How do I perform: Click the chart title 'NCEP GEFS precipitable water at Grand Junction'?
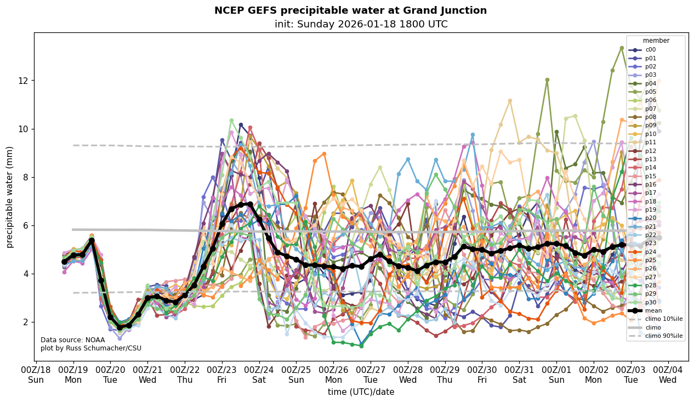(x=350, y=10)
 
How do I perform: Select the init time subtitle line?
(x=361, y=24)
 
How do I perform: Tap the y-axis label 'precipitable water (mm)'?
(x=10, y=197)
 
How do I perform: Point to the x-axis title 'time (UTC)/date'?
(x=361, y=392)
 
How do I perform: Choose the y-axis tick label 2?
(x=25, y=322)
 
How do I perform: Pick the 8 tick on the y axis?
(x=25, y=177)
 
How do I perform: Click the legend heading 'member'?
(x=656, y=41)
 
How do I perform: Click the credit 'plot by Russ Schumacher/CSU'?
(x=91, y=348)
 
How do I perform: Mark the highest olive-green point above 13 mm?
(x=622, y=48)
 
